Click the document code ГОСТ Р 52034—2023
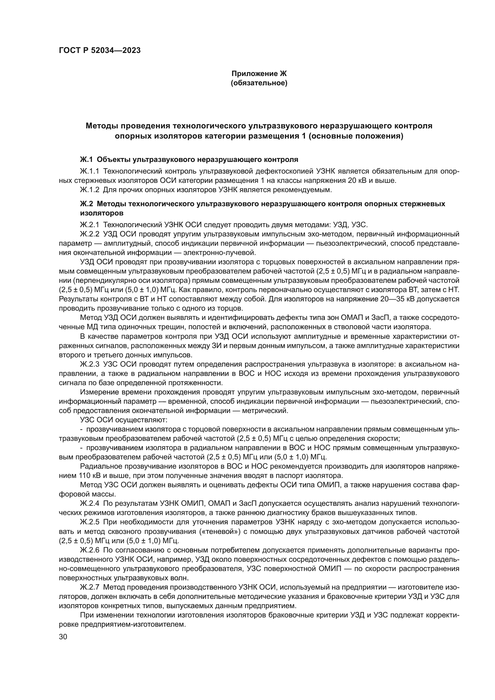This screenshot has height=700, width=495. pyautogui.click(x=100, y=51)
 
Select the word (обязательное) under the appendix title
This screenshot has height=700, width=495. pyautogui.click(x=259, y=83)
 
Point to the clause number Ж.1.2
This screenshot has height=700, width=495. pyautogui.click(x=89, y=190)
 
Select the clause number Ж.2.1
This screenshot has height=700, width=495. pyautogui.click(x=89, y=225)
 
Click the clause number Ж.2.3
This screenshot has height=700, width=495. pyautogui.click(x=89, y=364)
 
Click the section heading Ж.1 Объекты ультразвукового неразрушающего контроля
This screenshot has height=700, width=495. pyautogui.click(x=189, y=160)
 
